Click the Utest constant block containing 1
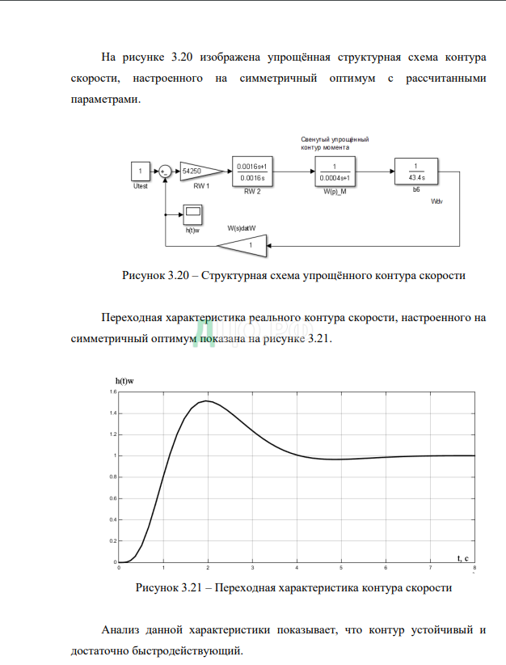141,171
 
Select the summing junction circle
164,171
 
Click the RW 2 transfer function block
252,171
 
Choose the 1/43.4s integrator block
415,171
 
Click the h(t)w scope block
192,214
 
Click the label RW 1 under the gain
201,186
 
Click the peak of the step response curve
208,400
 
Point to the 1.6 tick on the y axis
113,392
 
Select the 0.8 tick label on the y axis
113,477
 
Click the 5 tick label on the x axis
342,567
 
